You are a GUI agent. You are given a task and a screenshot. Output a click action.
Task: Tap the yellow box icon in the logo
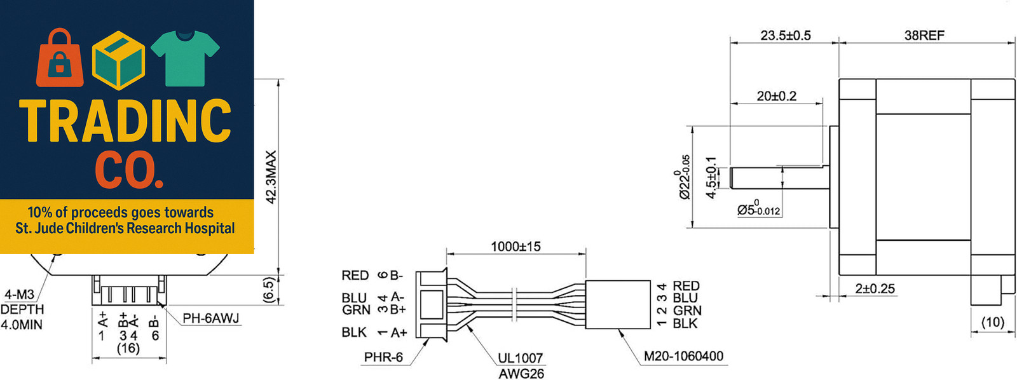click(x=118, y=60)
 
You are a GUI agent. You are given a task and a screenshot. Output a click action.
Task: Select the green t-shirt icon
click(x=185, y=58)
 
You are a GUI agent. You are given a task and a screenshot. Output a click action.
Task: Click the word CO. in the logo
click(x=129, y=168)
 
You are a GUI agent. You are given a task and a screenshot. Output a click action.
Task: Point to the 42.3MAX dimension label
click(x=271, y=177)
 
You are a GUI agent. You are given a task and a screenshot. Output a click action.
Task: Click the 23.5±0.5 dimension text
click(x=786, y=36)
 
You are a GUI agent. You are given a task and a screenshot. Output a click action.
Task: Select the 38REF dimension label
click(x=924, y=36)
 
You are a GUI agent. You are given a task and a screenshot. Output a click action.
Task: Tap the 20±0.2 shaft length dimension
click(x=776, y=96)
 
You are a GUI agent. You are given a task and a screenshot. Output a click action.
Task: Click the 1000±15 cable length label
click(x=515, y=247)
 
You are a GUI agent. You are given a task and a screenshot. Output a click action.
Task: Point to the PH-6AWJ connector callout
click(x=210, y=318)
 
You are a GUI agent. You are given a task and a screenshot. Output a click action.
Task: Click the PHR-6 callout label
click(x=383, y=357)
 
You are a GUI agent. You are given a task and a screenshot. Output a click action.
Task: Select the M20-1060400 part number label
click(x=683, y=356)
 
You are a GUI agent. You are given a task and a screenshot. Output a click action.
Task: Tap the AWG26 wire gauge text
click(x=521, y=374)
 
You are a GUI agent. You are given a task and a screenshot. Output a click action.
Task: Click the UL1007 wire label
click(x=521, y=358)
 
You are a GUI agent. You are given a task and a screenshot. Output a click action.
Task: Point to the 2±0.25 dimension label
click(x=875, y=288)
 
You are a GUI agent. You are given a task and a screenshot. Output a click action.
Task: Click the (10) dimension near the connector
click(x=993, y=322)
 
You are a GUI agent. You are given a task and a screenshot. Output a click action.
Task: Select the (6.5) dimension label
click(x=270, y=290)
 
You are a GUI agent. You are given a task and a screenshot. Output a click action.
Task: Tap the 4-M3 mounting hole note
click(x=19, y=295)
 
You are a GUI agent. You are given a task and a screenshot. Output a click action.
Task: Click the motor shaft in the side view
click(x=779, y=177)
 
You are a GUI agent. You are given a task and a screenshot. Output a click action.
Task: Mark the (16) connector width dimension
click(x=128, y=349)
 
